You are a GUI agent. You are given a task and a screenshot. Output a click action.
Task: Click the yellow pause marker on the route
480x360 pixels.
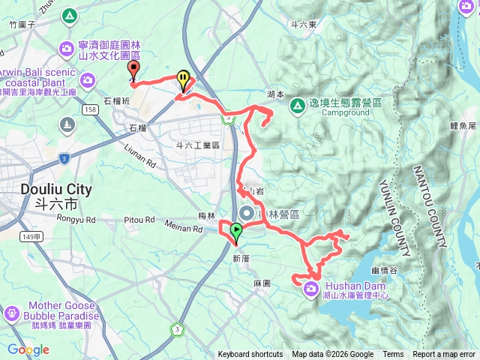coord(183,78)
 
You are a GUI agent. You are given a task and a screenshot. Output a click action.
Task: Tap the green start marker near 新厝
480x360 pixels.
coord(236,231)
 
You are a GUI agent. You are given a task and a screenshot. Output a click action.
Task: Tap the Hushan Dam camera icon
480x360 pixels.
coord(312,289)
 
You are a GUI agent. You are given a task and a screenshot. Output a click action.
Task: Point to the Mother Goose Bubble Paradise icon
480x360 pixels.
coord(12,313)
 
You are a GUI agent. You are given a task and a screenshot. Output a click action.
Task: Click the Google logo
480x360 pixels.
coord(28,350)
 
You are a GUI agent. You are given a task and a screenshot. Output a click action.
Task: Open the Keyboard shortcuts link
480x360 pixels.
coord(250,355)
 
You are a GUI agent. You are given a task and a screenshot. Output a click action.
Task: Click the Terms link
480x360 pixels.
coord(393,355)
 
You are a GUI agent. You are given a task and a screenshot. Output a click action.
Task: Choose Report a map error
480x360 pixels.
coord(444,355)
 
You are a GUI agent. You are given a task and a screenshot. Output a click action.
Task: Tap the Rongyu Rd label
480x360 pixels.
coord(76,220)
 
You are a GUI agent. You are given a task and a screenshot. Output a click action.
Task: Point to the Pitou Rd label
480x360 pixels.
coord(139,220)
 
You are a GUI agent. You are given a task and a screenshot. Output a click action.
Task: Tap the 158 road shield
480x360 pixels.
coord(91,109)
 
